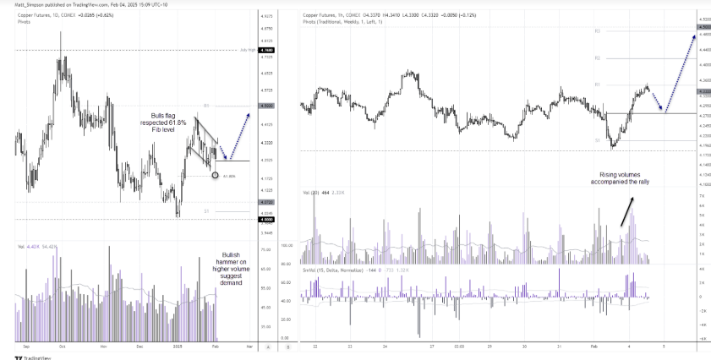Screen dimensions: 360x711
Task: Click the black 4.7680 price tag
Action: click(268, 50)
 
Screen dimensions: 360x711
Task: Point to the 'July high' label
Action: click(247, 50)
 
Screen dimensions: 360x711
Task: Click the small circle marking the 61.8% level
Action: click(215, 175)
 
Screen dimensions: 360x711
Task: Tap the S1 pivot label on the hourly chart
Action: click(597, 140)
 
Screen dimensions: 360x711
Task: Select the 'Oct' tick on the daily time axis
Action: click(62, 346)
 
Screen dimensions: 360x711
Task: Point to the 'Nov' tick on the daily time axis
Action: click(102, 346)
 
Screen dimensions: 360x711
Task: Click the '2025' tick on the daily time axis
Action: click(178, 346)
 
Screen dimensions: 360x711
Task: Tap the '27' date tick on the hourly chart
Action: click(430, 346)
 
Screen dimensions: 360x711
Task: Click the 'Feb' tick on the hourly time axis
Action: click(593, 346)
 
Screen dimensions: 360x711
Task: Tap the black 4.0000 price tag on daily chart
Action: click(268, 220)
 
